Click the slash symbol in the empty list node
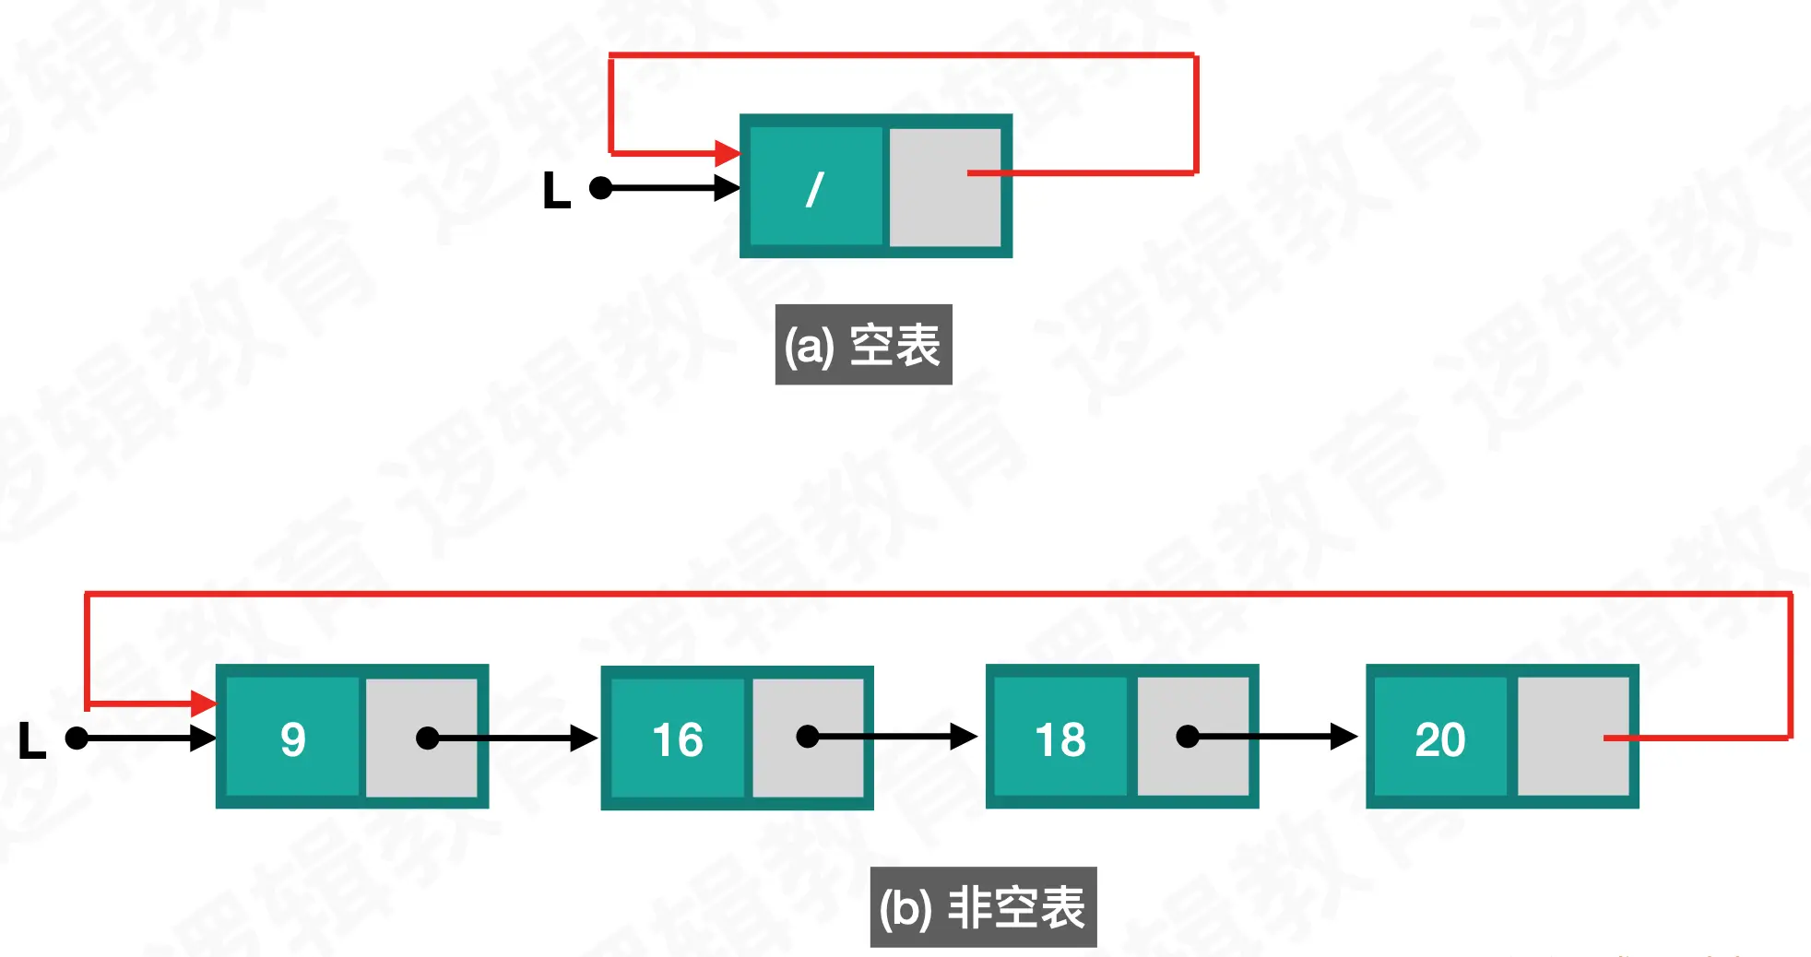814,190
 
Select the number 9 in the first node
293,739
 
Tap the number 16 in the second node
678,739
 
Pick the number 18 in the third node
1060,739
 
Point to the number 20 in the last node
1440,739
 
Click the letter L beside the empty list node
556,191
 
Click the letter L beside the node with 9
32,740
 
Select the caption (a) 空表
863,345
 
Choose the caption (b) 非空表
983,907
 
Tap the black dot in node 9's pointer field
428,738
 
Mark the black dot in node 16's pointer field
808,737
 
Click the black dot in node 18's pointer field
1188,737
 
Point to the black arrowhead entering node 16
584,738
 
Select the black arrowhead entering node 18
964,737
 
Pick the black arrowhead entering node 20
1343,737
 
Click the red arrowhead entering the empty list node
728,153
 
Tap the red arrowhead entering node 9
204,704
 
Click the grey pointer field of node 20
1572,736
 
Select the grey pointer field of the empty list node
944,187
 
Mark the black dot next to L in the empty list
601,188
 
